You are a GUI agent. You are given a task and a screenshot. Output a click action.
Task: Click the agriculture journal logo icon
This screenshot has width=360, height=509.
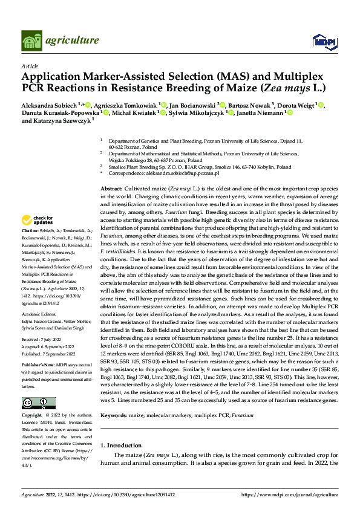pyautogui.click(x=31, y=41)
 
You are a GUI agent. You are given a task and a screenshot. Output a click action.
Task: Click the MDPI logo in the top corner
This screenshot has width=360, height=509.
pyautogui.click(x=320, y=41)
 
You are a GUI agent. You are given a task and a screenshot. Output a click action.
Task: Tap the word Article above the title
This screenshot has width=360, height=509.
pyautogui.click(x=30, y=65)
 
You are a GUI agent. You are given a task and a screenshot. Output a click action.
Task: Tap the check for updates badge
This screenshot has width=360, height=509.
pyautogui.click(x=39, y=220)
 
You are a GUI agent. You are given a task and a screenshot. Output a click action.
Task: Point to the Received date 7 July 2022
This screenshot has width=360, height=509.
pyautogui.click(x=41, y=341)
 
